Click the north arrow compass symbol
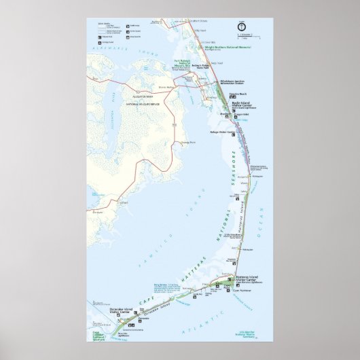coord(241,26)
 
